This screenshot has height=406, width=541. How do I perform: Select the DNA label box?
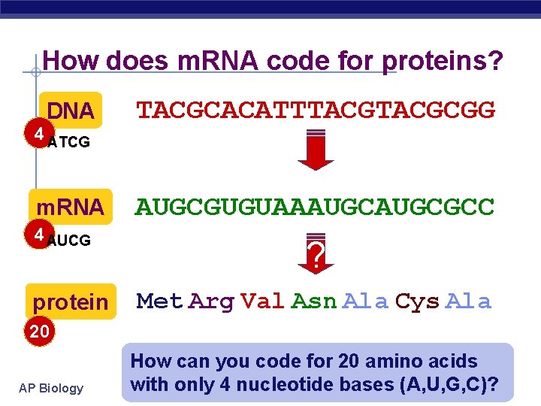(x=71, y=112)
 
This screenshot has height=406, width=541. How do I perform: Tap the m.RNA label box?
(x=71, y=207)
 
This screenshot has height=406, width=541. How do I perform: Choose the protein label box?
(x=71, y=301)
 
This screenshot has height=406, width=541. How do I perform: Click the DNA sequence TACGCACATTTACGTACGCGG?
(x=315, y=111)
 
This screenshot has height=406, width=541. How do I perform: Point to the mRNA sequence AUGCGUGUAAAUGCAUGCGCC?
(x=315, y=207)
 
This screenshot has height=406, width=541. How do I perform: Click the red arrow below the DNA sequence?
(x=315, y=150)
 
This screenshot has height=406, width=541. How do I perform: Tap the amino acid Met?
(x=160, y=302)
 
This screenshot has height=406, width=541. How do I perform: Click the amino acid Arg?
(x=211, y=302)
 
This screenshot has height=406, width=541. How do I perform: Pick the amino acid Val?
(x=263, y=302)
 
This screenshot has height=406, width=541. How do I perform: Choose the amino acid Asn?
(x=314, y=302)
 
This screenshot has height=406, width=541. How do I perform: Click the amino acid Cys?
(x=417, y=302)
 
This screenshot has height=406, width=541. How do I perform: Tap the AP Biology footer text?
(x=52, y=388)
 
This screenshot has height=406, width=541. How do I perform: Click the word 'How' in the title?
(x=71, y=61)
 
